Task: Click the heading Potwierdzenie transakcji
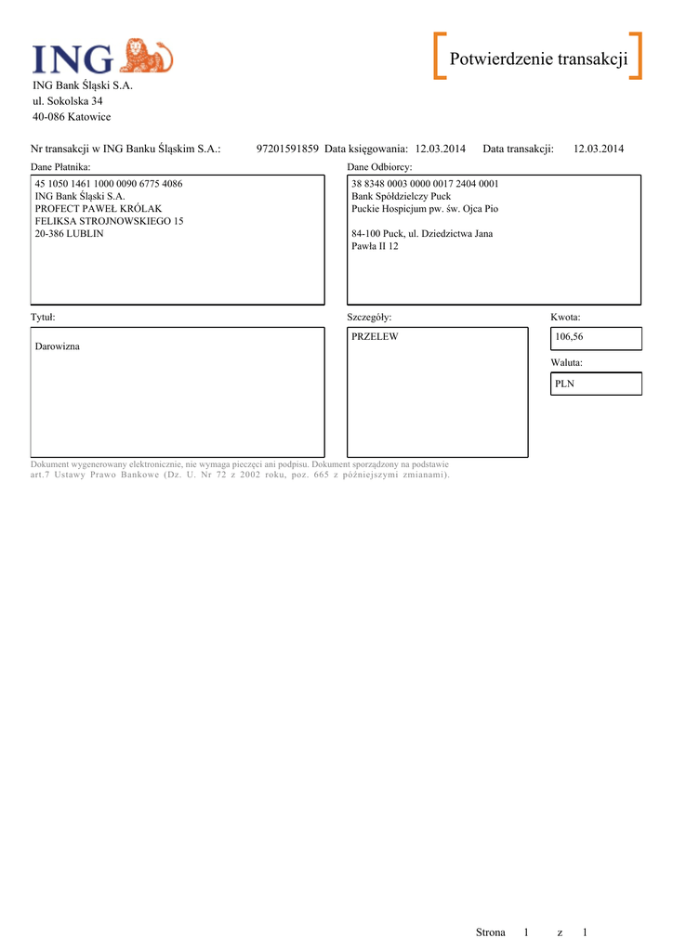click(x=538, y=59)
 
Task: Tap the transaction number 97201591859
click(x=287, y=149)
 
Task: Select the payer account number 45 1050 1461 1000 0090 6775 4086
click(x=109, y=184)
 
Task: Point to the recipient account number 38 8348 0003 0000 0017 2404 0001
click(x=425, y=184)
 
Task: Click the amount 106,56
click(x=569, y=336)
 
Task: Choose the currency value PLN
click(x=564, y=383)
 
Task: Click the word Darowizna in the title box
click(x=58, y=345)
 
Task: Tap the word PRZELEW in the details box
click(x=375, y=336)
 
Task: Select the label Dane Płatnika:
click(x=60, y=166)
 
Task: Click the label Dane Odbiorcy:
click(x=379, y=166)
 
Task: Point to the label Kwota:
click(x=565, y=317)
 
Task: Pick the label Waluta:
click(x=566, y=362)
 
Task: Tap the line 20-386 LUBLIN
click(x=69, y=233)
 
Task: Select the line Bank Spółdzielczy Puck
click(x=401, y=197)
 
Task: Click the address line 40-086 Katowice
click(x=72, y=117)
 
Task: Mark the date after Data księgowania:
click(x=441, y=149)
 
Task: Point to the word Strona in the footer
click(x=491, y=931)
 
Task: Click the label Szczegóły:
click(x=370, y=317)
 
